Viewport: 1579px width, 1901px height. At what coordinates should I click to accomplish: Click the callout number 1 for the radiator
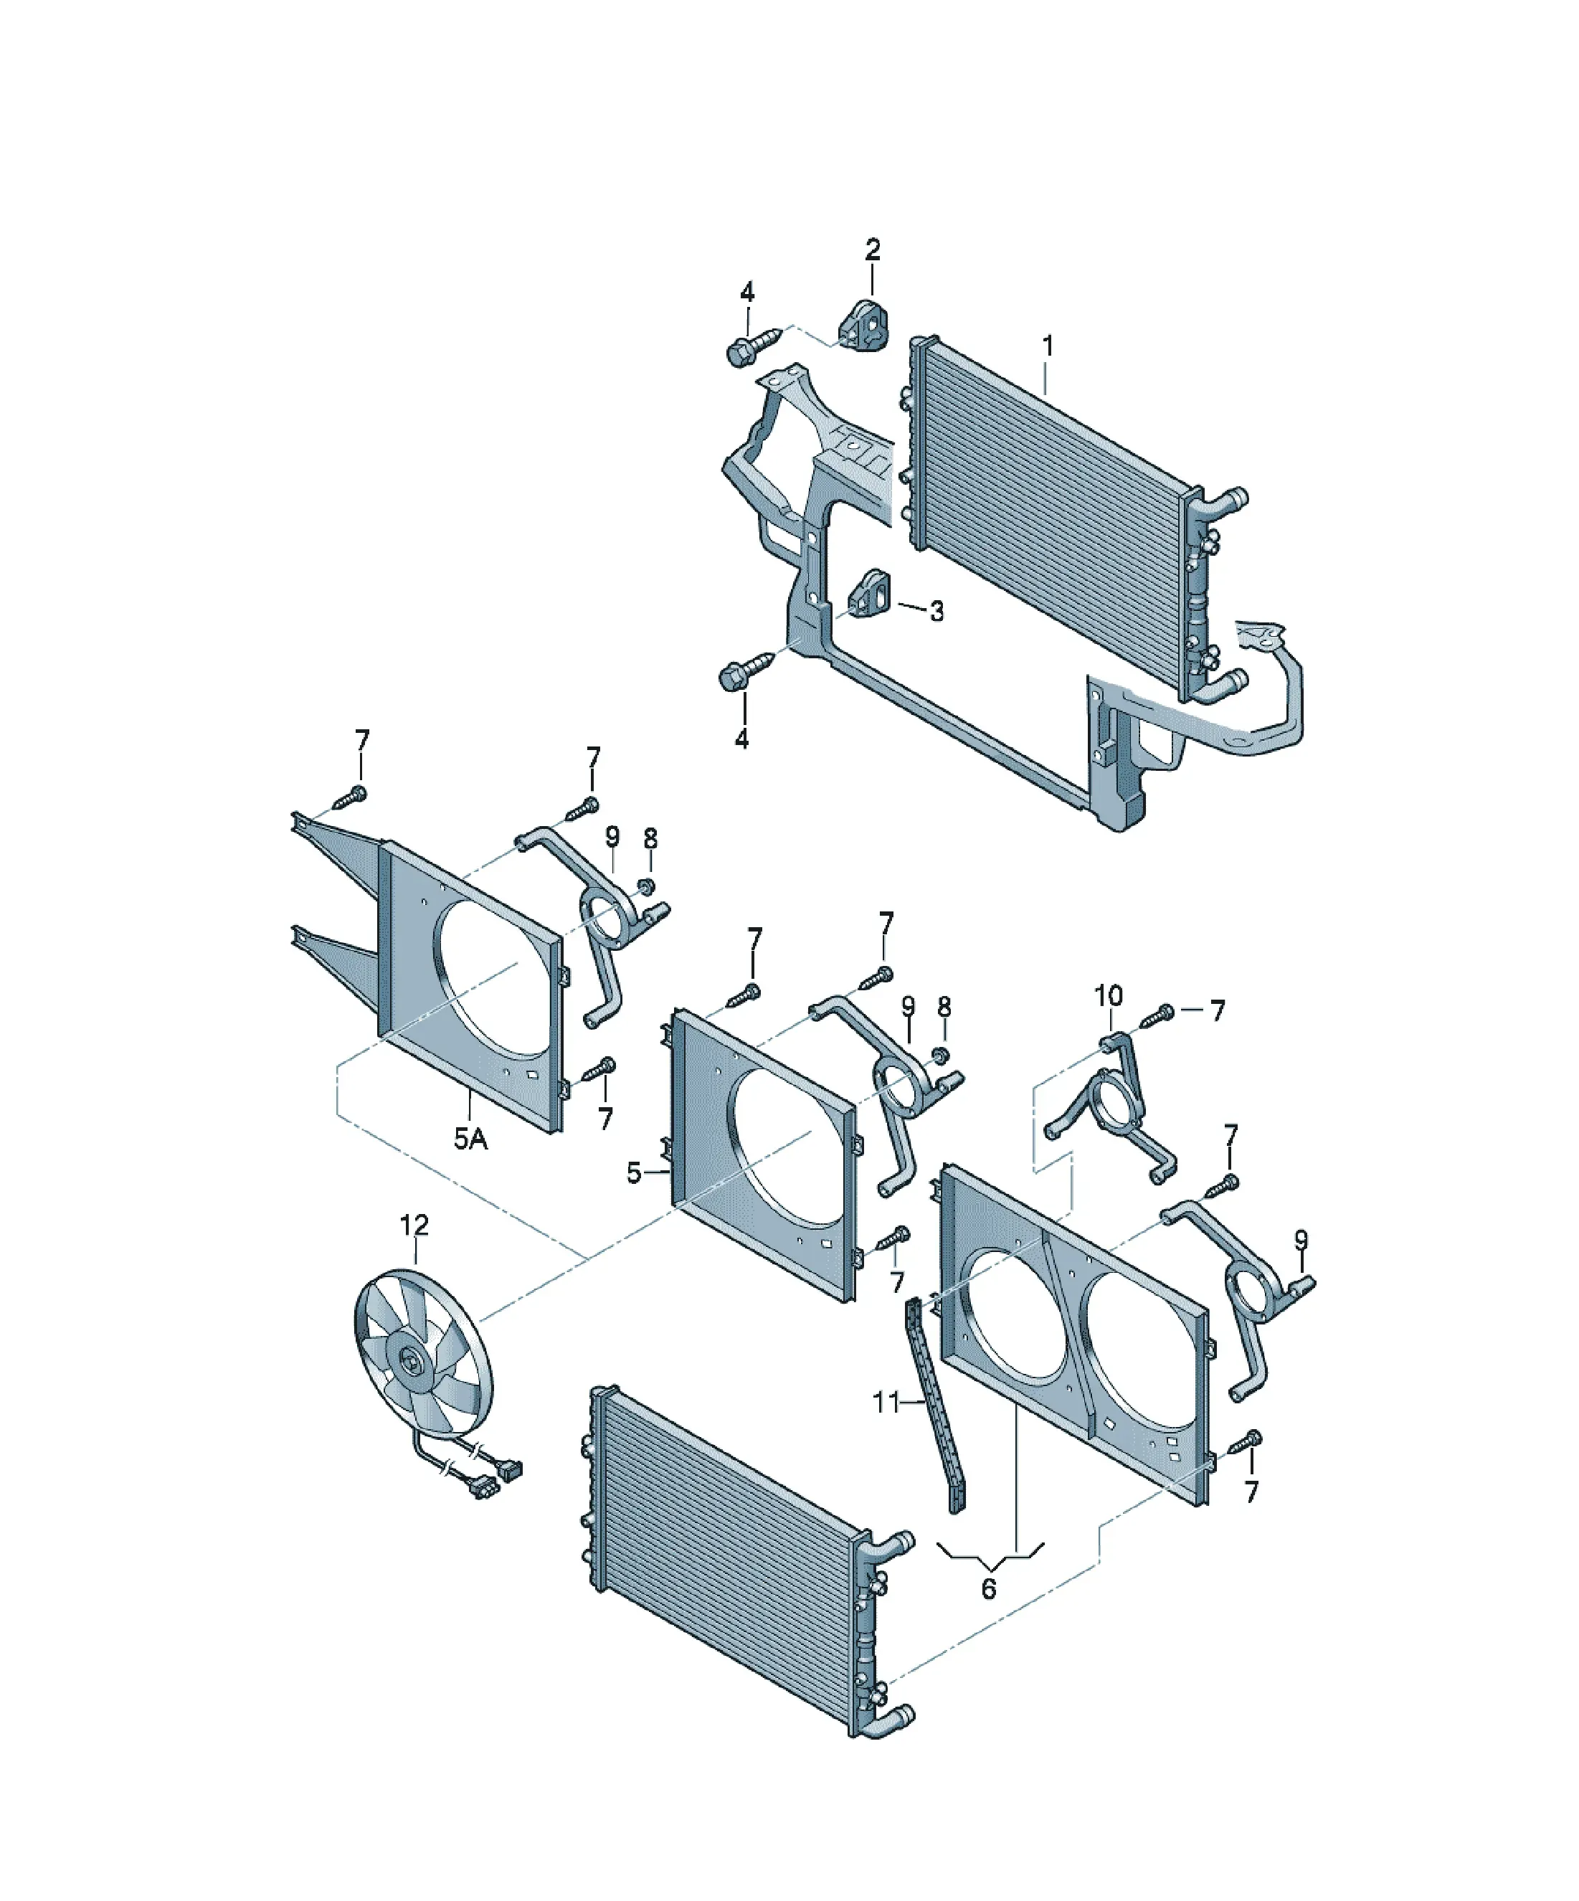click(1048, 346)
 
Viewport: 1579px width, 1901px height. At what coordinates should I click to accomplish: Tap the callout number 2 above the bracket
click(872, 250)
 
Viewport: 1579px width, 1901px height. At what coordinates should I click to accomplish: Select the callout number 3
click(937, 611)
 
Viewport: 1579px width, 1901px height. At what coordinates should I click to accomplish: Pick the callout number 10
click(1108, 997)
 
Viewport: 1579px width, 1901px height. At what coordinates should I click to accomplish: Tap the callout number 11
click(886, 1402)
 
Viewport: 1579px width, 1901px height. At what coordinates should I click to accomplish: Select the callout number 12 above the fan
click(414, 1225)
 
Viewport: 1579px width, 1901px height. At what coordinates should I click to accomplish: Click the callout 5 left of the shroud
click(634, 1173)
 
